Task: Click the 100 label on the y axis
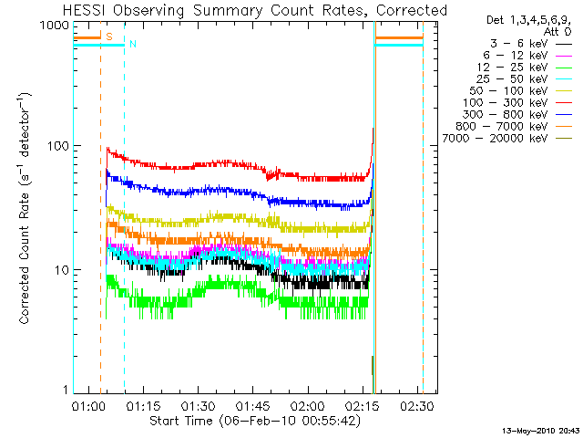(x=56, y=147)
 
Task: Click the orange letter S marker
(x=109, y=36)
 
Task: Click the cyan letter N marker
(x=133, y=44)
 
